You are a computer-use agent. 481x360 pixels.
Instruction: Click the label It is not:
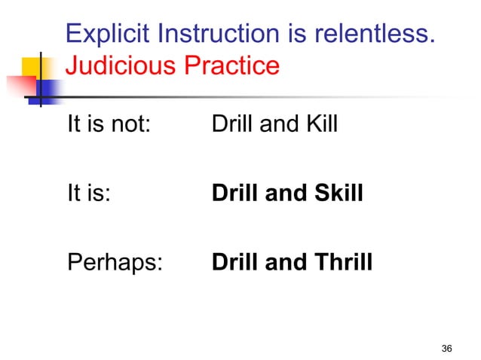(109, 124)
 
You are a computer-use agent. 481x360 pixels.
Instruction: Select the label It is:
(89, 194)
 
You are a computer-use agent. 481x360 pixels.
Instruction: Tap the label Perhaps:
(115, 264)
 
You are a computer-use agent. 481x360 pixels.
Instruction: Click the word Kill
(320, 124)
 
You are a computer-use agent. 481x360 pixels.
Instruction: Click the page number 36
(446, 348)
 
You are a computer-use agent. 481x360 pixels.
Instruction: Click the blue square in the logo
(47, 88)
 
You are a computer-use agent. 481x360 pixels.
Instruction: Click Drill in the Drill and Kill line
(232, 124)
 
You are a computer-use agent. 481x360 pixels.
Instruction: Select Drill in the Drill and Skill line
(234, 194)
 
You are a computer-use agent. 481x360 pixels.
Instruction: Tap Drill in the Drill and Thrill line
(234, 264)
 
